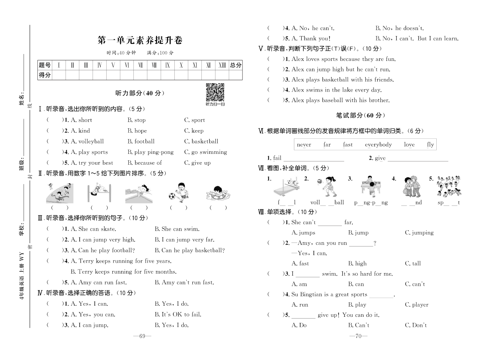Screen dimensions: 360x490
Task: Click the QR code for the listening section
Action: point(215,92)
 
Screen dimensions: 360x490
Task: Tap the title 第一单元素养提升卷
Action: point(140,40)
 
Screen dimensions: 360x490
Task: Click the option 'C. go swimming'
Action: point(205,152)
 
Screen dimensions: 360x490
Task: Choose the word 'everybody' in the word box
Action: point(378,145)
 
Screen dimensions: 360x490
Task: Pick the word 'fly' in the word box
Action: point(430,145)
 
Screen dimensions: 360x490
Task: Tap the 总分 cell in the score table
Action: point(236,65)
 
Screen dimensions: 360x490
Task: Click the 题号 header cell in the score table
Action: point(45,65)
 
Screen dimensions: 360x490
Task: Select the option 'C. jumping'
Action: point(419,233)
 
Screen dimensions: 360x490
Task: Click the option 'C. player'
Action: point(416,305)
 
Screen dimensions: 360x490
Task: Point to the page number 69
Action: point(142,336)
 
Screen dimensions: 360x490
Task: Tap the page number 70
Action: point(358,336)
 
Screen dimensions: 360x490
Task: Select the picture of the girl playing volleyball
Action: point(326,187)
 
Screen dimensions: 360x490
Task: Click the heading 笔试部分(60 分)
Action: point(360,116)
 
